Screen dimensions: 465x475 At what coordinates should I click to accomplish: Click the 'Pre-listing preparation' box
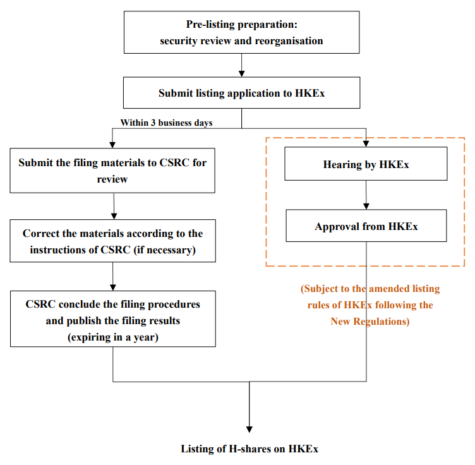coord(241,32)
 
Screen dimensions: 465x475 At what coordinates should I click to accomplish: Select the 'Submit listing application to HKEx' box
coord(241,93)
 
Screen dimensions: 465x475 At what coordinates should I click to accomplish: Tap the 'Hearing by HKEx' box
coord(366,165)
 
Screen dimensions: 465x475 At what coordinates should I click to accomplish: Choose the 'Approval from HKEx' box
coord(366,226)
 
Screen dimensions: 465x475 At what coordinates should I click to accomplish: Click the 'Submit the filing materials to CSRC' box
coord(112,171)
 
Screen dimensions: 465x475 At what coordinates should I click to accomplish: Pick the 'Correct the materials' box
coord(112,241)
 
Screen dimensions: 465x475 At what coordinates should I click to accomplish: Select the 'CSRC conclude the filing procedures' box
coord(112,320)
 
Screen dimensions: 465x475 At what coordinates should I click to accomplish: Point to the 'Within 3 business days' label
coord(166,123)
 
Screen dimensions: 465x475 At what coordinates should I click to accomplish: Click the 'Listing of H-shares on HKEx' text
coord(250,449)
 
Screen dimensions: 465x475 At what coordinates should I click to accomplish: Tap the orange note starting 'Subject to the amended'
coord(370,305)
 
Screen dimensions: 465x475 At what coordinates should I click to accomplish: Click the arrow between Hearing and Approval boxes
coord(366,196)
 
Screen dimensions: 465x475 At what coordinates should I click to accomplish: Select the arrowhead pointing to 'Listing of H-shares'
coord(250,428)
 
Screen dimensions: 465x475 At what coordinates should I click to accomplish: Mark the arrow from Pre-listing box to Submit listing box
coord(241,66)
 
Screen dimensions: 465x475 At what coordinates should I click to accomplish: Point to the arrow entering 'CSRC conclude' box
coord(112,277)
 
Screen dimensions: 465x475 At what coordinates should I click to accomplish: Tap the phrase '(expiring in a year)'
coord(112,337)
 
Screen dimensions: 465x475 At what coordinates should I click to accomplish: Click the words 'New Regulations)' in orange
coord(370,322)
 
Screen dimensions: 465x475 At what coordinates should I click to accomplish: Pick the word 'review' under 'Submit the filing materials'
coord(112,179)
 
